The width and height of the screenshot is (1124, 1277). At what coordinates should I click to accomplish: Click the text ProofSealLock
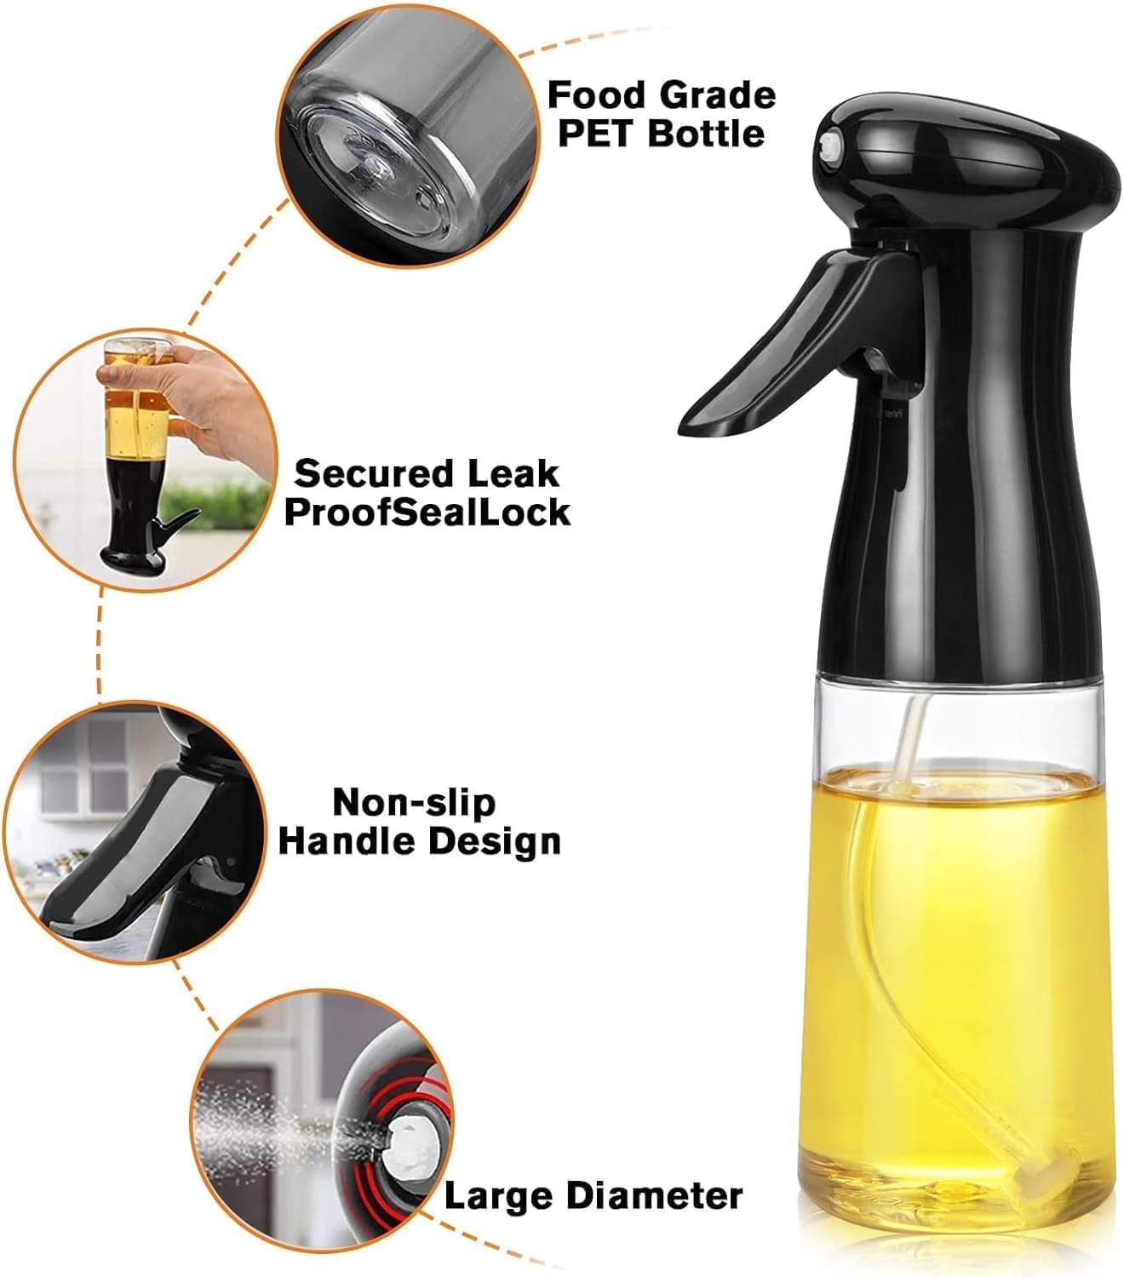tap(427, 513)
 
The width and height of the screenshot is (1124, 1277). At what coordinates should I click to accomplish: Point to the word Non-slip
tap(413, 802)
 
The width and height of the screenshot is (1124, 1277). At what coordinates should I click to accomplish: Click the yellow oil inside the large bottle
tap(954, 936)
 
